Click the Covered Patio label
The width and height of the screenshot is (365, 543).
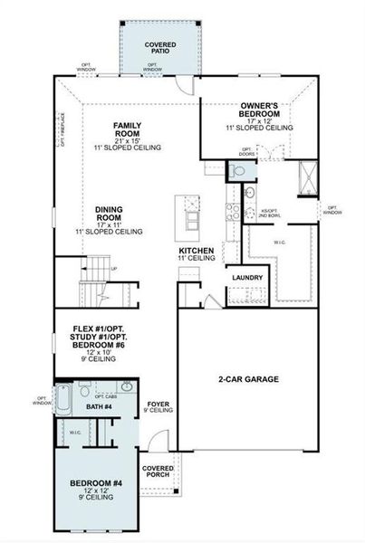160,47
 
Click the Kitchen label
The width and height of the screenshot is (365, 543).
196,252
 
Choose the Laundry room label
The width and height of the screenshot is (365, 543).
248,278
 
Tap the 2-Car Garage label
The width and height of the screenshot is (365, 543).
248,379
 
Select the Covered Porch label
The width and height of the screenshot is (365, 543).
159,472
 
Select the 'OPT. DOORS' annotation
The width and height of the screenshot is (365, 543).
247,153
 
